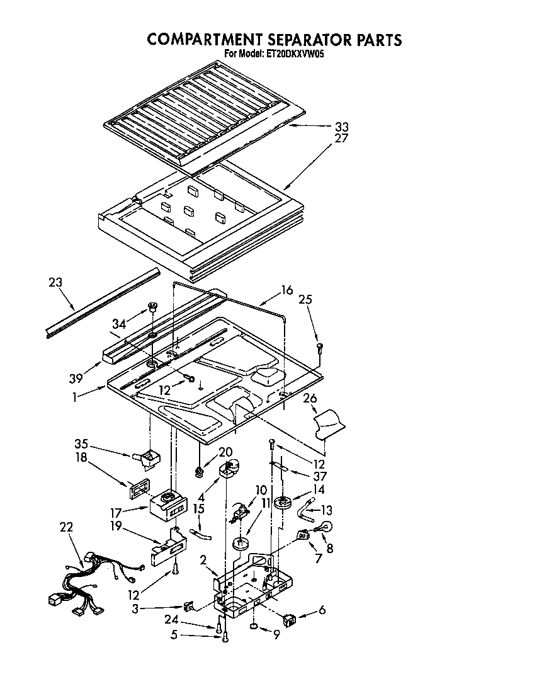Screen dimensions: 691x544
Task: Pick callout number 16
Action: click(x=286, y=290)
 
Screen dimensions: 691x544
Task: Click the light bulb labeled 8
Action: click(x=327, y=528)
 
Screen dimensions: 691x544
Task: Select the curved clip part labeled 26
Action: click(x=329, y=422)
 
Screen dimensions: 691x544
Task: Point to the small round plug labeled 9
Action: click(x=253, y=627)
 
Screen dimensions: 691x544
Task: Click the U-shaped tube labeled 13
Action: click(x=307, y=507)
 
